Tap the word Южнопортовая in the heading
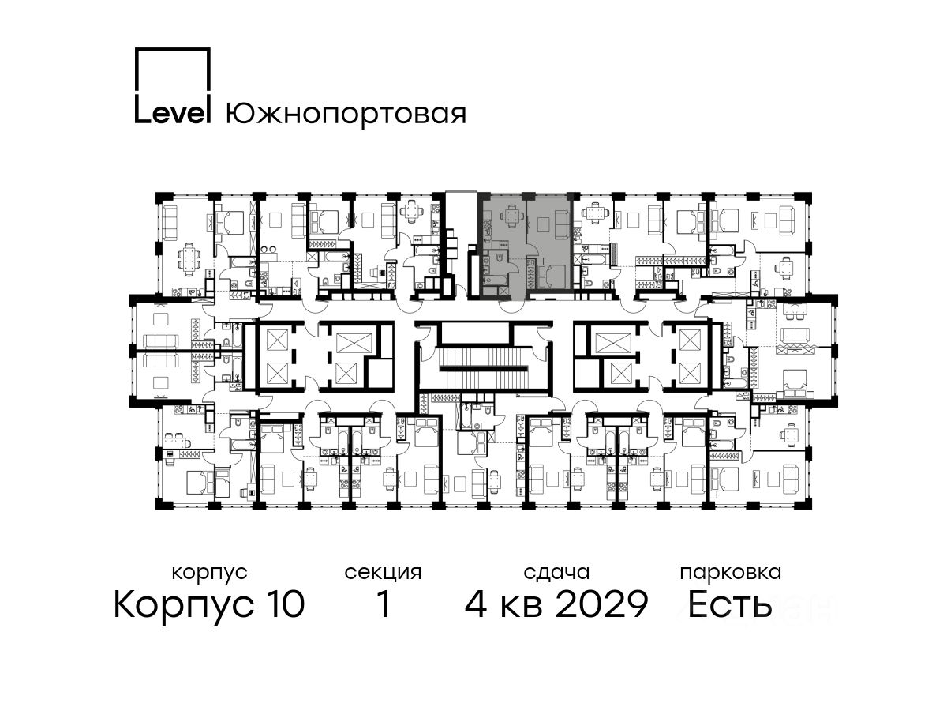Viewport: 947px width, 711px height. (346, 115)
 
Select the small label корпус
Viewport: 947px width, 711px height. (209, 574)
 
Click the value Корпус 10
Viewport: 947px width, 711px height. (209, 604)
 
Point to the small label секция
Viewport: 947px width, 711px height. (383, 574)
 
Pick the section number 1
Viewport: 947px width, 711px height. (384, 604)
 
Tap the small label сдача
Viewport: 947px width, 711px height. (556, 573)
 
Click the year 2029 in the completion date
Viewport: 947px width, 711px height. (601, 604)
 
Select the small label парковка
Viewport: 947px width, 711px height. (731, 574)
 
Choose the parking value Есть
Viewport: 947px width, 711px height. (729, 604)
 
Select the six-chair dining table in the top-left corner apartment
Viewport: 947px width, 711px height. (189, 259)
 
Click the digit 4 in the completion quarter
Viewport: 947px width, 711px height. (477, 604)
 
